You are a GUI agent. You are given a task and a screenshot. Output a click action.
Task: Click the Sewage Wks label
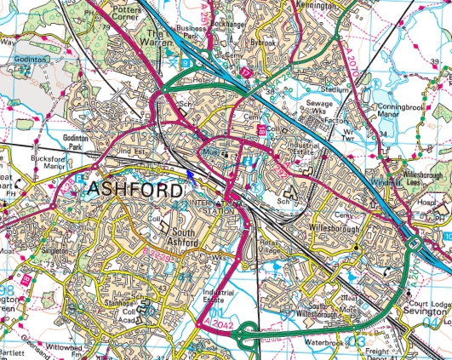pyautogui.click(x=318, y=106)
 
